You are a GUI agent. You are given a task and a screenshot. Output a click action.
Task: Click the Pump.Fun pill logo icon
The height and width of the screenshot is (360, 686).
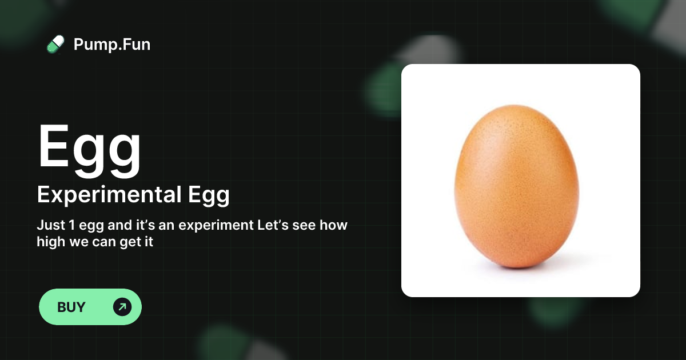tap(55, 44)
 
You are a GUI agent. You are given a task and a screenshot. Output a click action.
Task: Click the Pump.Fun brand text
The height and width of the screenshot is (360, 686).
tap(112, 44)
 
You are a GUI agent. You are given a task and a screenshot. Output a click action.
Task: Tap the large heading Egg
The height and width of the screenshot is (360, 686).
tap(90, 147)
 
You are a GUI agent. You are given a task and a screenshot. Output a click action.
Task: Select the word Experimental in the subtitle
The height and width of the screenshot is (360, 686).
tap(109, 195)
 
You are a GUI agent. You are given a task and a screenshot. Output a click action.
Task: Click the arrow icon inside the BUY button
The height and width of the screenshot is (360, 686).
tap(122, 307)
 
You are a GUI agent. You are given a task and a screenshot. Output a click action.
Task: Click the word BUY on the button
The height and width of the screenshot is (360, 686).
tap(71, 307)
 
